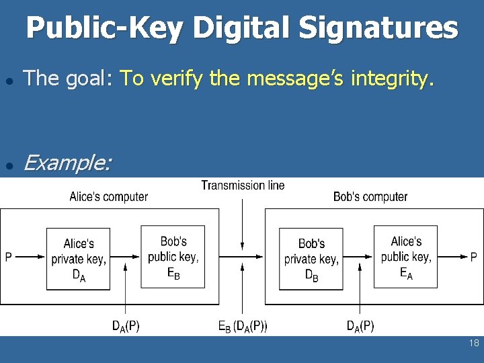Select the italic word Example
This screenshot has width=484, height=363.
pos(67,162)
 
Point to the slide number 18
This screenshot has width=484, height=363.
pos(474,344)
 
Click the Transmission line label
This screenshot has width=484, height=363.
pos(243,185)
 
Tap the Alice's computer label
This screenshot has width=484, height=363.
pos(108,197)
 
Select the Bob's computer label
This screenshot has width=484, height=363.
pos(370,197)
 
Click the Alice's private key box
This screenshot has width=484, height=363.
pos(78,259)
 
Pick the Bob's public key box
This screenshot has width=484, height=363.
pos(173,257)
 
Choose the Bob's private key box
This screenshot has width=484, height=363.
pos(311,259)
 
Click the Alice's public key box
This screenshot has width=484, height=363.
pos(406,257)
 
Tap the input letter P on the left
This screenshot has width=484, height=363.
pos(8,257)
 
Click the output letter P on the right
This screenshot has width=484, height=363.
pos(474,257)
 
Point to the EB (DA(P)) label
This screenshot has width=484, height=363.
pos(243,327)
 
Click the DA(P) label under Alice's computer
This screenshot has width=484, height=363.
pos(126,327)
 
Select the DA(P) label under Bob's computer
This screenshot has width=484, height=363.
pos(360,327)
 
